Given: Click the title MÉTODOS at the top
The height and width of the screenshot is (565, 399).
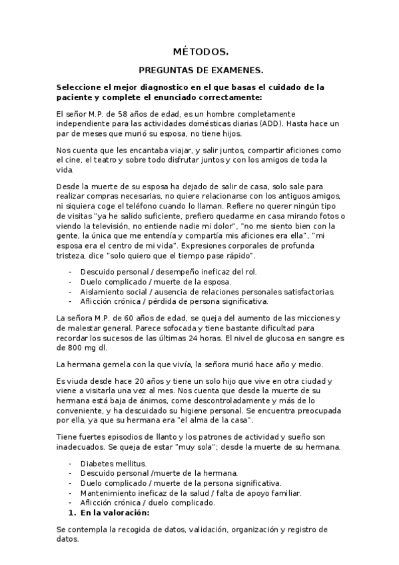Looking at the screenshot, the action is (200, 51).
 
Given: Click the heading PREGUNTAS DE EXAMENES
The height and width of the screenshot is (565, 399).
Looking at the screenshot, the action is (200, 69).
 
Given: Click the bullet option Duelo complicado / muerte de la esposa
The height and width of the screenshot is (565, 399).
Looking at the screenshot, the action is (155, 282).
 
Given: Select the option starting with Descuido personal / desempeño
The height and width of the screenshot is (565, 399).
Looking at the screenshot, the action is (168, 272).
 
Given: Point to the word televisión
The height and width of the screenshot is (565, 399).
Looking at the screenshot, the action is (117, 226).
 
